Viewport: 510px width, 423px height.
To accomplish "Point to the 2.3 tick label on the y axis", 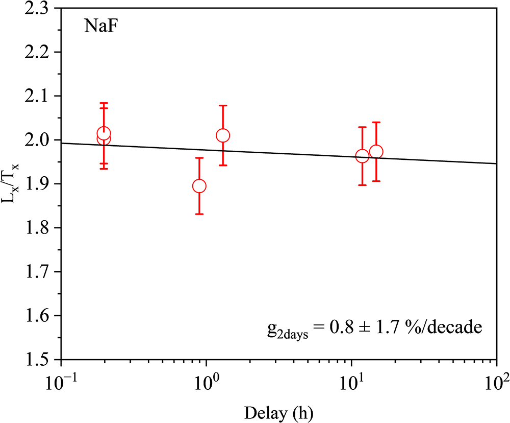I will pyautogui.click(x=41, y=9).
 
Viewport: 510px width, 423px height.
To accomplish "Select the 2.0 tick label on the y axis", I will pyautogui.click(x=41, y=140).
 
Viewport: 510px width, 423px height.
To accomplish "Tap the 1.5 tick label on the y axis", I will pyautogui.click(x=41, y=359).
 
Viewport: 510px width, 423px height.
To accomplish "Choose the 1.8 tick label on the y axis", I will pyautogui.click(x=41, y=228).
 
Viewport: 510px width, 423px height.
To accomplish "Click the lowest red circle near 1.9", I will pyautogui.click(x=199, y=186).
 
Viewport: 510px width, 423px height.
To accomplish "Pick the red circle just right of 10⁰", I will pyautogui.click(x=223, y=135).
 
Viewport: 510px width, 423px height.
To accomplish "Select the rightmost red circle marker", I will pyautogui.click(x=376, y=152).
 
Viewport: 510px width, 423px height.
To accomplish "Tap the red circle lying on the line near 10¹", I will pyautogui.click(x=362, y=156).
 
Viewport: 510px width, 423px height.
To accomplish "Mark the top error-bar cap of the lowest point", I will pyautogui.click(x=199, y=158).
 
